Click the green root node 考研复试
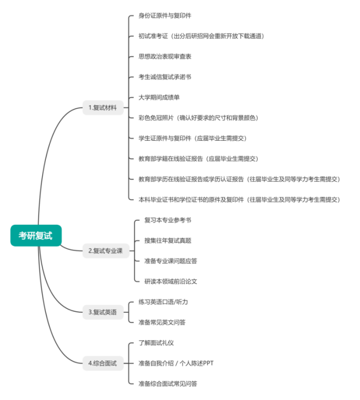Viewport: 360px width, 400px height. tap(36, 236)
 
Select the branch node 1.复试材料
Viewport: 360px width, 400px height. tap(103, 108)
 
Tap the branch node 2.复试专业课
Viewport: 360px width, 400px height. tap(105, 251)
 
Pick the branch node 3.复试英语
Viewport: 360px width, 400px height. tap(102, 312)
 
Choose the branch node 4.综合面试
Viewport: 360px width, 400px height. tap(102, 363)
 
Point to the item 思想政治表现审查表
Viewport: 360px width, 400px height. tap(165, 56)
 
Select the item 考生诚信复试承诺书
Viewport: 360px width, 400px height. tap(165, 77)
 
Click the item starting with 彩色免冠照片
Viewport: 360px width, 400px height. tap(198, 118)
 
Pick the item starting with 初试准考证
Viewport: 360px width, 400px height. tap(201, 36)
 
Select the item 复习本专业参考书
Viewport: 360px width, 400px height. tap(168, 220)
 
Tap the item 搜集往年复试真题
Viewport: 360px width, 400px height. tap(168, 240)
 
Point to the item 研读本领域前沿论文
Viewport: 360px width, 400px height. tap(171, 281)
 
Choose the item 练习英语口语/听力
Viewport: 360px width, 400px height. tap(163, 302)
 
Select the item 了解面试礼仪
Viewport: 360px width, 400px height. tap(157, 343)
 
